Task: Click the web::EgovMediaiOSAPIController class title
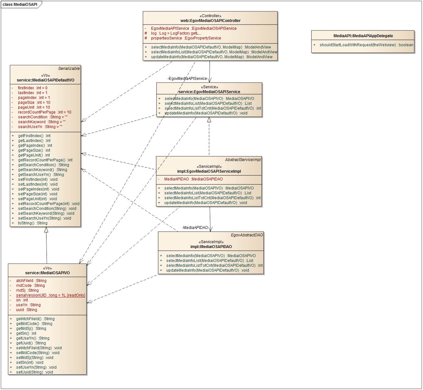tap(210, 21)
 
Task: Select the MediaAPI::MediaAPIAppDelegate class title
tap(363, 36)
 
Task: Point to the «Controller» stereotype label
tap(210, 16)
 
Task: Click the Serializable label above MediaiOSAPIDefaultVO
tap(69, 69)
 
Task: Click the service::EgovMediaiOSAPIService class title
tap(209, 92)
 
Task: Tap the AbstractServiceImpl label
tap(243, 160)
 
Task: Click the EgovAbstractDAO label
tap(247, 235)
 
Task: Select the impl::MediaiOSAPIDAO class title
tap(211, 247)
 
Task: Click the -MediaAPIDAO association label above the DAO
tap(195, 228)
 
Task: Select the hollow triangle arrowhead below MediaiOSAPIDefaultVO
tap(46, 230)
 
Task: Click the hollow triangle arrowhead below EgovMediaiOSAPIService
tap(209, 120)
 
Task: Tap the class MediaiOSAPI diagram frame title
tap(20, 5)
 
